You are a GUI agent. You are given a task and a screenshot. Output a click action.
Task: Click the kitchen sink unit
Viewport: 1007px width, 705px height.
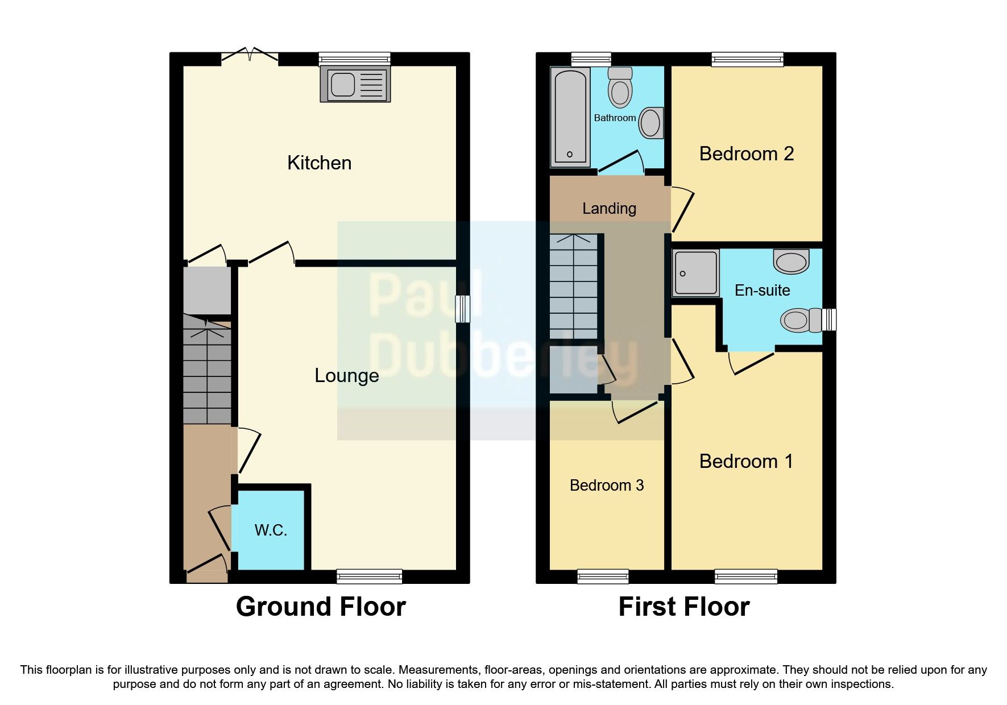[355, 84]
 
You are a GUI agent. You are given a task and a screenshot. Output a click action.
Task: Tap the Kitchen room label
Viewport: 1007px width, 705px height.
[319, 163]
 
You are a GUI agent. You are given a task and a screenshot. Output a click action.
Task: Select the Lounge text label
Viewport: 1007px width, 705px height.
[346, 376]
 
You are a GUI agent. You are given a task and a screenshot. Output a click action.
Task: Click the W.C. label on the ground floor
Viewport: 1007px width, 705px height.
[271, 530]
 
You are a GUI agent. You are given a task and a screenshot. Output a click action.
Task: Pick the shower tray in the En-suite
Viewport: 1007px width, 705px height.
[695, 273]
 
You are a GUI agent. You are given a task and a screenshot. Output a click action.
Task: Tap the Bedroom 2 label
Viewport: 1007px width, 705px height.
[746, 154]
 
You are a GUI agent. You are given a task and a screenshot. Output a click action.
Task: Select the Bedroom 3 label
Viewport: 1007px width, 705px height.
[606, 486]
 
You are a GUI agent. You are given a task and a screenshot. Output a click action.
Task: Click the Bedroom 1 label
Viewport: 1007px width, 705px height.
[746, 461]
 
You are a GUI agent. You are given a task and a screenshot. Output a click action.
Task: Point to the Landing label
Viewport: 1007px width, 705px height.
[609, 209]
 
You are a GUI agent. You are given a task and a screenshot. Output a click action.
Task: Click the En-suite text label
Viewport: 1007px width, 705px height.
[762, 291]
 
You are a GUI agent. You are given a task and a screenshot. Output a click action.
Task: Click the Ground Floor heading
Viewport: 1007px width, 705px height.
[321, 607]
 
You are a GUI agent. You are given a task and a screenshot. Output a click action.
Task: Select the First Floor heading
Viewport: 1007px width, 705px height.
[683, 607]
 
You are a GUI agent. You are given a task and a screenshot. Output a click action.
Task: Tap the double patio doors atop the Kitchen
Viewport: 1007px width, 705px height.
[250, 56]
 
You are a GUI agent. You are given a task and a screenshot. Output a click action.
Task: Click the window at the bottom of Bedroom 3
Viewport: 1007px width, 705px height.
[603, 577]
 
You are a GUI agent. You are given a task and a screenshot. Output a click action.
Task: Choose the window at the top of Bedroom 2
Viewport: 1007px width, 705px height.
[747, 59]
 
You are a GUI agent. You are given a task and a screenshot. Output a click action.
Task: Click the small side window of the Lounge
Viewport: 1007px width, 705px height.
[463, 309]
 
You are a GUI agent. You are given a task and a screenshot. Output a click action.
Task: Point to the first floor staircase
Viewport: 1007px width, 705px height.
[573, 287]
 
